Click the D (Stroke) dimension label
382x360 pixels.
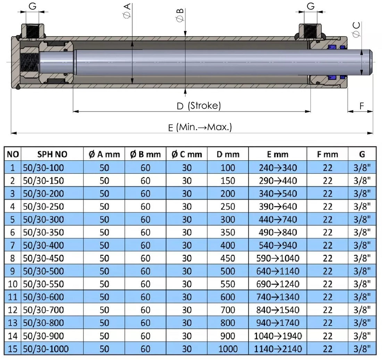click(x=199, y=106)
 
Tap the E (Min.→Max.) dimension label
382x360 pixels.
click(x=200, y=127)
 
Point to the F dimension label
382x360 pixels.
click(x=362, y=106)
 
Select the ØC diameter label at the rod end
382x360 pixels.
click(x=356, y=30)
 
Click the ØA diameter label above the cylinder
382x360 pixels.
click(x=127, y=10)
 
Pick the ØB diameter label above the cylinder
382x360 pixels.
click(x=180, y=15)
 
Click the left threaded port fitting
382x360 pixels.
click(x=33, y=31)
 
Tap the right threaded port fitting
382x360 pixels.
click(x=310, y=31)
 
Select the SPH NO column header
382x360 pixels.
click(x=52, y=154)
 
